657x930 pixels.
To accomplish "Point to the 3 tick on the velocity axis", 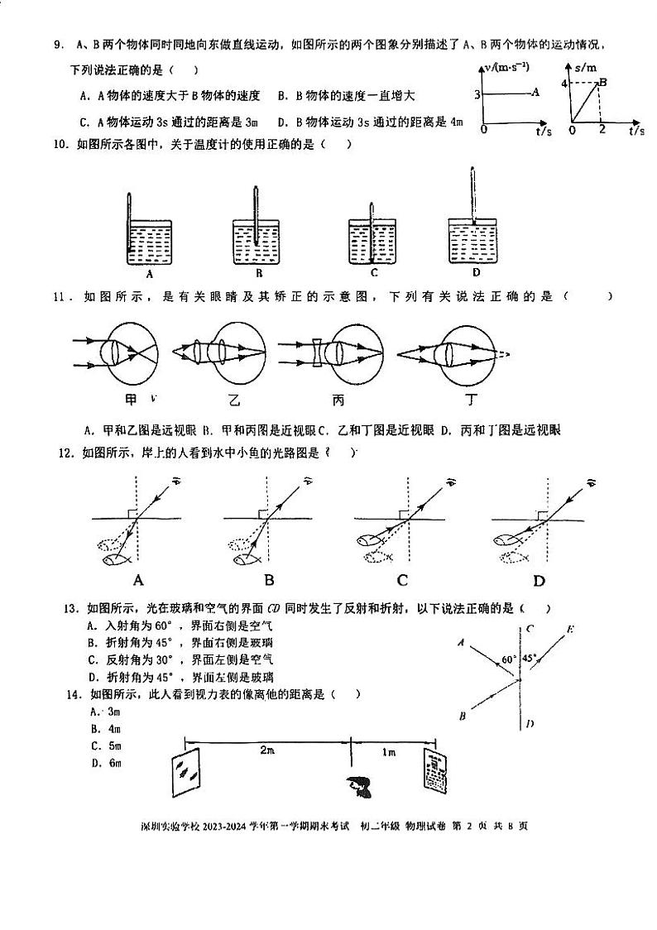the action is click(478, 95).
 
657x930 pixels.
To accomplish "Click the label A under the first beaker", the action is click(150, 273).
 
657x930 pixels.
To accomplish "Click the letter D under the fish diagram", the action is click(540, 580).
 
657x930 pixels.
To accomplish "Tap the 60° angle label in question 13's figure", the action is click(508, 659).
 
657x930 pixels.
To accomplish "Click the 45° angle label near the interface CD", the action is click(530, 659).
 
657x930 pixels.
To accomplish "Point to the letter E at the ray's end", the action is click(570, 630).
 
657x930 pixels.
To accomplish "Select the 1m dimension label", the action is click(388, 750).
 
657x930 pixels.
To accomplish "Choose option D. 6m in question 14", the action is click(107, 762).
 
